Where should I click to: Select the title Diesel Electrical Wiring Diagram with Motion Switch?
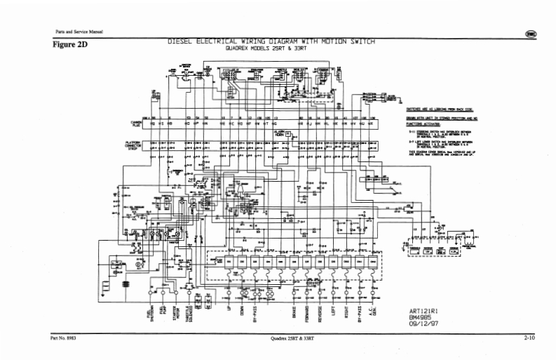point(271,42)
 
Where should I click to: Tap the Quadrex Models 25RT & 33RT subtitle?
point(271,50)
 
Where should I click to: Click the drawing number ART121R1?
point(424,311)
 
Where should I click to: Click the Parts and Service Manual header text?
point(74,32)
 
